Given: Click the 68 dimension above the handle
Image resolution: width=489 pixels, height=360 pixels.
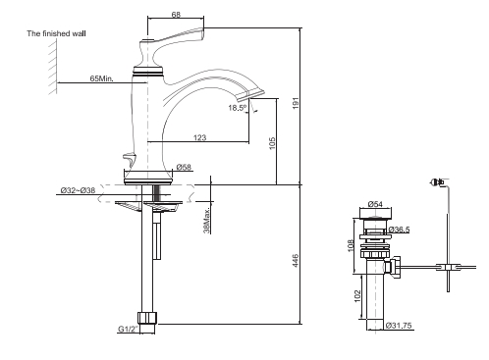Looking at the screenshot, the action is (x=176, y=15).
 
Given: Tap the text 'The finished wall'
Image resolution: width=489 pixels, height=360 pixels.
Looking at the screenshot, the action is (x=56, y=33).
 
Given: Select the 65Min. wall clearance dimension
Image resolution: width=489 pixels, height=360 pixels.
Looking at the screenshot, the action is (x=102, y=78).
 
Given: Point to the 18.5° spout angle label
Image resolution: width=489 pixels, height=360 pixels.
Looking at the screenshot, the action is (x=238, y=108).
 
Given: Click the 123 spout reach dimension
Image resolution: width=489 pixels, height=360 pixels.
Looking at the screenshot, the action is (x=199, y=137).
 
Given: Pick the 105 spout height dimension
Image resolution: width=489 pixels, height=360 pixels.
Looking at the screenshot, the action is (x=272, y=143).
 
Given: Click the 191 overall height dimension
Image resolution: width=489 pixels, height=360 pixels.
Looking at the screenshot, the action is (x=296, y=103).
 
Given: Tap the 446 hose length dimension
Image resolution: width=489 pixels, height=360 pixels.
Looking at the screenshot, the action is (x=296, y=261).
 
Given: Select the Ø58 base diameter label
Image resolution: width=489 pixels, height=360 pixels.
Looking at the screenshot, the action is (x=184, y=167).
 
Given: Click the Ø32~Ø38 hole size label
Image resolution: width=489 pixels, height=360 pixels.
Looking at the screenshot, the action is (x=78, y=190).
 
